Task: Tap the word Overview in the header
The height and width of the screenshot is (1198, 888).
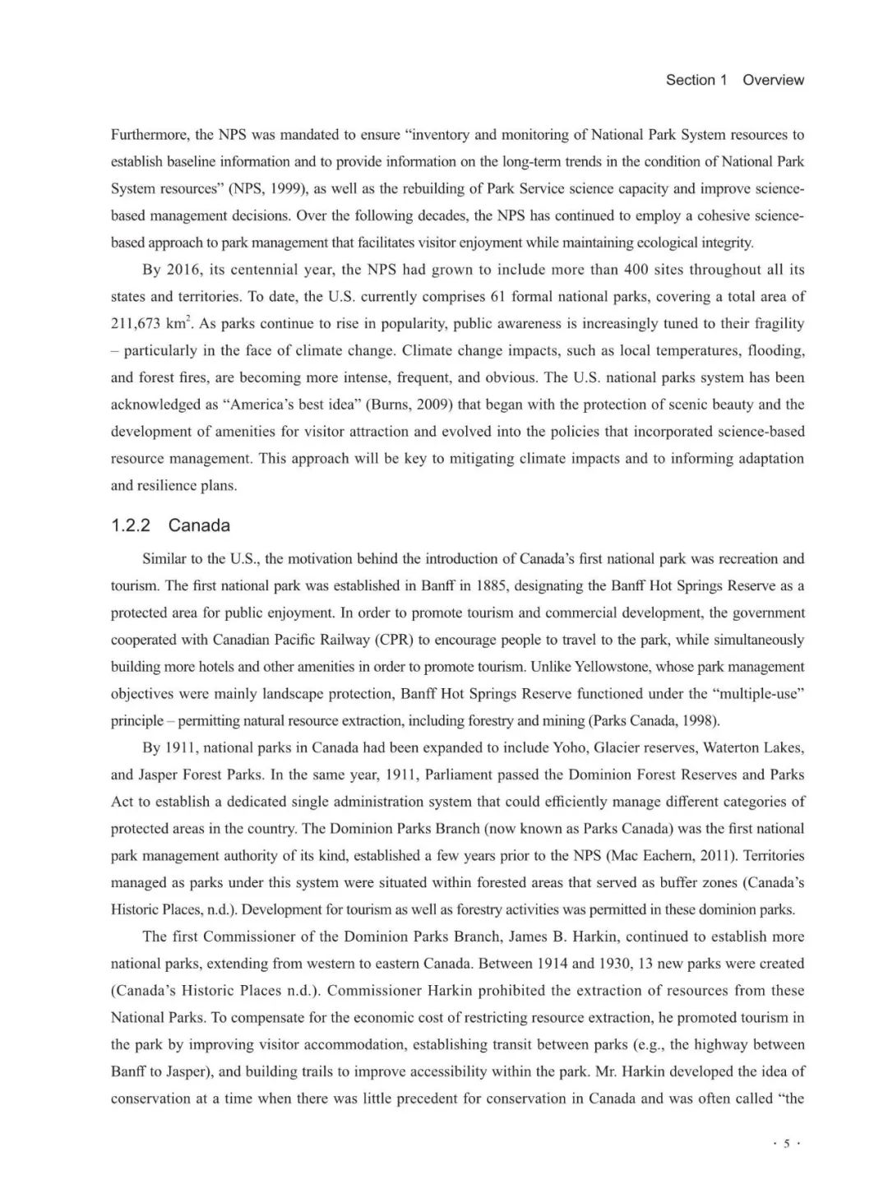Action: pos(773,80)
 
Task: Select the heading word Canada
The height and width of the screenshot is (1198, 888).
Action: pos(199,525)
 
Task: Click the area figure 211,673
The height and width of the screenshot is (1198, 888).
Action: pos(136,324)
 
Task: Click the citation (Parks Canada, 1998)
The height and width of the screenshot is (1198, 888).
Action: pos(654,721)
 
